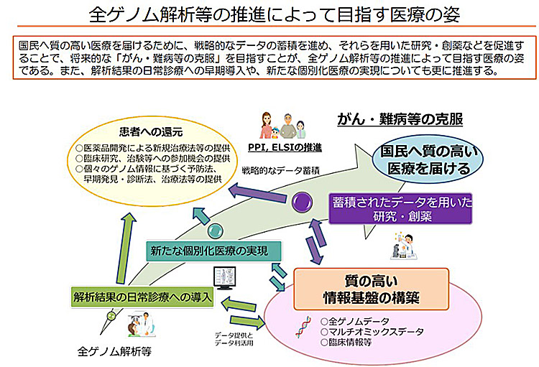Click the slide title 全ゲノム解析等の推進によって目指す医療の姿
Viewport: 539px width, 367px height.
[x=269, y=14]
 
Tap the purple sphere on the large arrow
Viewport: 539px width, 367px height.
[x=300, y=203]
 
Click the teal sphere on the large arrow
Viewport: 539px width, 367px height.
[x=214, y=231]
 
